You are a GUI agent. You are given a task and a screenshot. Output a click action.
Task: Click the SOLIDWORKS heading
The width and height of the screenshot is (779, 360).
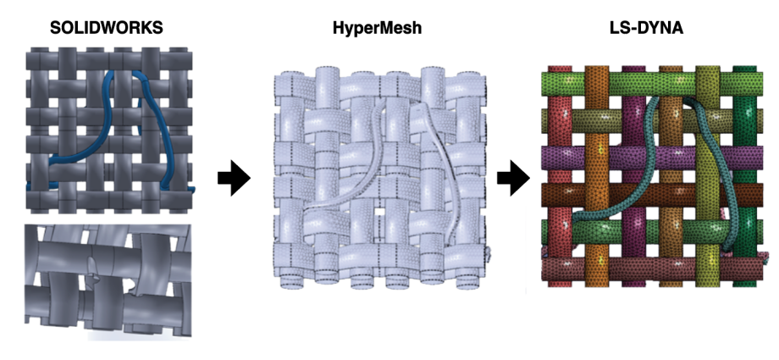(x=106, y=28)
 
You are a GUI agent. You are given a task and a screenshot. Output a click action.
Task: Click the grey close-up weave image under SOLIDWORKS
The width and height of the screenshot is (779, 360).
(x=108, y=279)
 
